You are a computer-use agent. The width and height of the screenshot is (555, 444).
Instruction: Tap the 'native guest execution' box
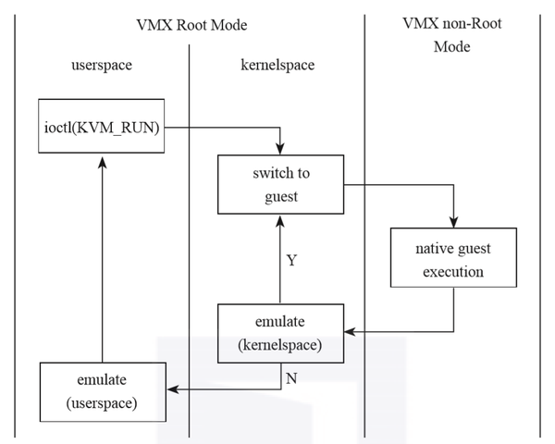point(453,262)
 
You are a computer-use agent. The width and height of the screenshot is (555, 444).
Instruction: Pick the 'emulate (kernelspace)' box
point(278,331)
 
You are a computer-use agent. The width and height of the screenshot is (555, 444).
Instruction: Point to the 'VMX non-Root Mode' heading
point(453,34)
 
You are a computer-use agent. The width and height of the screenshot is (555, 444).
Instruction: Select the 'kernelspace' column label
point(278,68)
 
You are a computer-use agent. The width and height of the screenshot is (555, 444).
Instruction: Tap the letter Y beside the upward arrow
point(292,261)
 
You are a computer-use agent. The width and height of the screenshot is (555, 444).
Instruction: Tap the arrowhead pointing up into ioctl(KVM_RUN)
point(103,159)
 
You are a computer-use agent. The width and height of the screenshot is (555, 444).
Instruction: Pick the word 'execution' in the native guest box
point(453,273)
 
